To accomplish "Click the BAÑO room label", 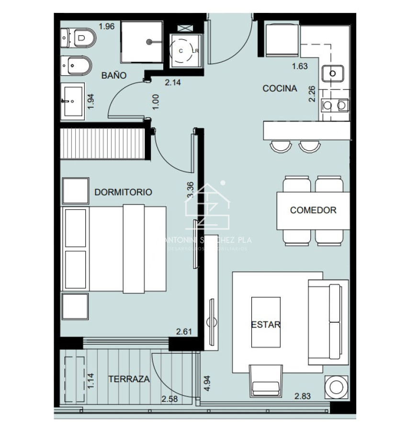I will point(114,75).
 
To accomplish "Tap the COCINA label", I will point(280,88).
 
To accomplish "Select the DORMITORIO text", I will point(123,192).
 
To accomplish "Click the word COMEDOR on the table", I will point(313,210).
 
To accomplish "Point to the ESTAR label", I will point(266,324).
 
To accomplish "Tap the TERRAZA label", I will point(129,379).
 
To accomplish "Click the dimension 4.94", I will point(207,383).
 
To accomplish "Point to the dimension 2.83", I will point(303,396).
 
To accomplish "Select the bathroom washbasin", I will point(73,101).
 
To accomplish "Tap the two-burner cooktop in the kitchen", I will point(335,104).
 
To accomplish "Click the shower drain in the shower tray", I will point(151,42).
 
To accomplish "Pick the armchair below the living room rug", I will point(266,381).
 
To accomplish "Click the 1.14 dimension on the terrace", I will point(90,381).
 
